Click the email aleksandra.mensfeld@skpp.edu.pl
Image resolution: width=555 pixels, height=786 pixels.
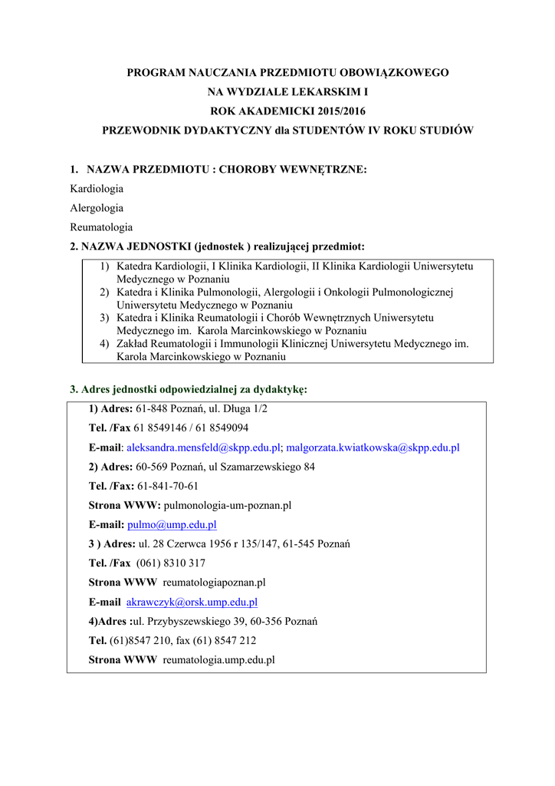click(204, 447)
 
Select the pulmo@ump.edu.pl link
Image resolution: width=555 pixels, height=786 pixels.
click(172, 525)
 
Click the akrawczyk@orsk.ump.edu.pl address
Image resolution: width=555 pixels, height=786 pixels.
click(192, 603)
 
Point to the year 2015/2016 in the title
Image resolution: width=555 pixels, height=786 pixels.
click(333, 111)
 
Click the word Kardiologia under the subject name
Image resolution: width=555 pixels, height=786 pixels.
click(97, 188)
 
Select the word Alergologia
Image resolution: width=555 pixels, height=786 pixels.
click(97, 208)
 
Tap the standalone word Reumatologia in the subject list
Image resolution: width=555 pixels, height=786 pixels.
click(101, 227)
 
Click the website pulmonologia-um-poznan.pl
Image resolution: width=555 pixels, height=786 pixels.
click(228, 506)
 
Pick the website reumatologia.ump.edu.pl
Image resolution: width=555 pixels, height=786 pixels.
click(219, 660)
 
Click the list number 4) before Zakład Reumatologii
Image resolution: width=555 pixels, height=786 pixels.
click(104, 344)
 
